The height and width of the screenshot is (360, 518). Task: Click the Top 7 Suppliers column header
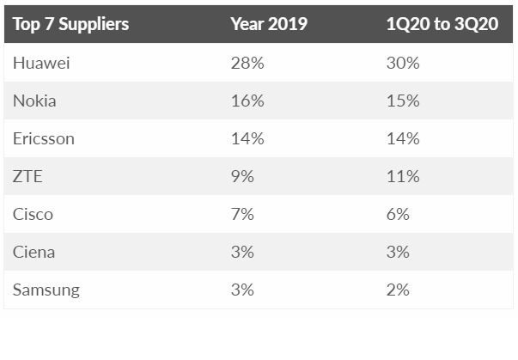click(x=70, y=24)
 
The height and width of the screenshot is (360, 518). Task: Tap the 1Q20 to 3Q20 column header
click(x=442, y=24)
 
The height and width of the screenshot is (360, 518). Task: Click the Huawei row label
click(x=40, y=63)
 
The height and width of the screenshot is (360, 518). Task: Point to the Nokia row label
click(x=34, y=101)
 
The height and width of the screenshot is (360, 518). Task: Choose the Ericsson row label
click(x=43, y=138)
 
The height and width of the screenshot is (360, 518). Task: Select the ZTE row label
click(x=27, y=176)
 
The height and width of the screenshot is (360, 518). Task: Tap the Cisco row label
click(x=34, y=214)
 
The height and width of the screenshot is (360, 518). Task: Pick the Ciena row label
click(x=34, y=252)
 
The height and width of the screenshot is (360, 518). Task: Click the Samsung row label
click(x=46, y=290)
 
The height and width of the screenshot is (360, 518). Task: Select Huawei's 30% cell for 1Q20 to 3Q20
click(x=404, y=63)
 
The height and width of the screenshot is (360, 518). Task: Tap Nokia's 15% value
click(x=403, y=101)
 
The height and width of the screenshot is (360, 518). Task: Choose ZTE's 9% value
click(x=242, y=176)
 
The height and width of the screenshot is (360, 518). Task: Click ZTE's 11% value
click(x=403, y=176)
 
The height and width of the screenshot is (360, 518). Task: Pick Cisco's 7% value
click(x=242, y=214)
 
